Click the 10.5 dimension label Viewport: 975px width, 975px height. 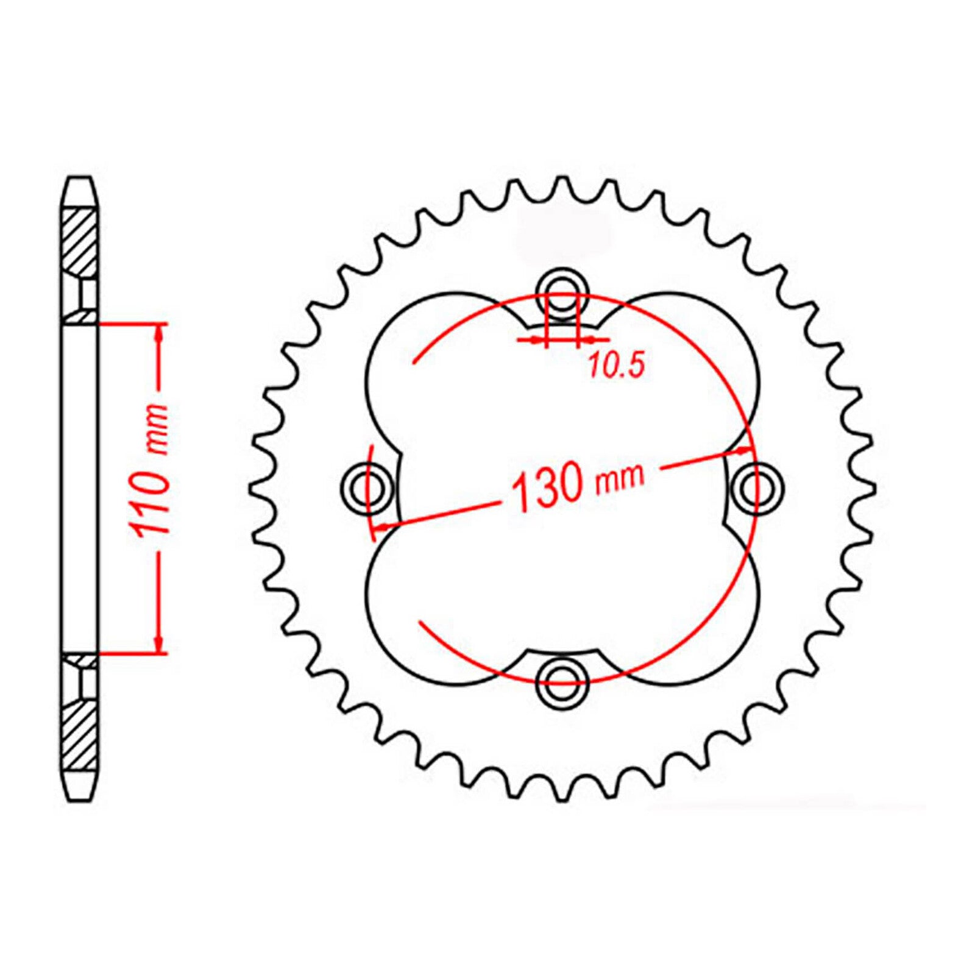(x=615, y=366)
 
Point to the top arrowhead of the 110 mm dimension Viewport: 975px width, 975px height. (x=160, y=333)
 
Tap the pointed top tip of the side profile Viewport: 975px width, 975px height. (x=80, y=179)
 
